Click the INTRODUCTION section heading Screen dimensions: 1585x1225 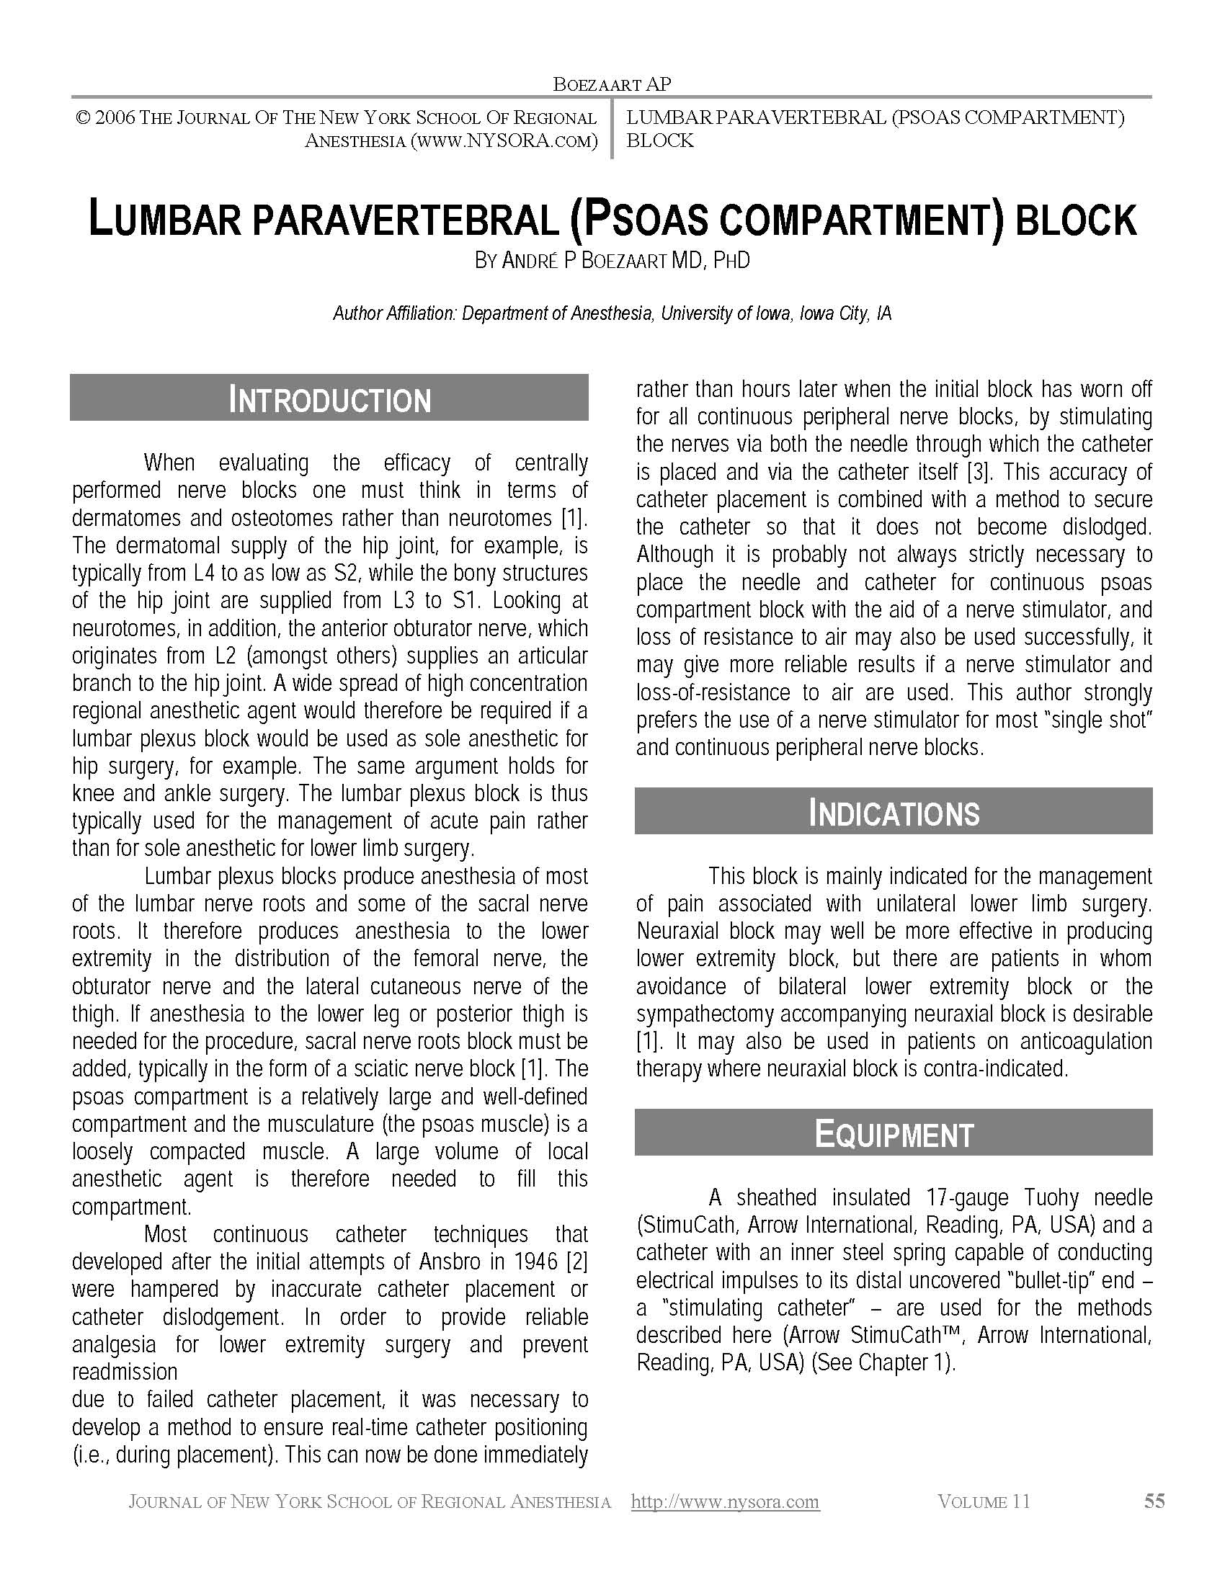[x=329, y=400]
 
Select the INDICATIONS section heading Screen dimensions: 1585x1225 [x=894, y=813]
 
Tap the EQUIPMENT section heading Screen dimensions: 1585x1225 [x=894, y=1134]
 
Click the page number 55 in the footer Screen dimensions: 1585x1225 [x=1154, y=1501]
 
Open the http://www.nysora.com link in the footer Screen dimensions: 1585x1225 [x=725, y=1501]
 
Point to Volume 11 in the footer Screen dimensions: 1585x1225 [x=984, y=1501]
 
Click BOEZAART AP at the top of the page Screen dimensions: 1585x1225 [x=612, y=84]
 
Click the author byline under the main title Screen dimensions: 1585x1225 [x=612, y=261]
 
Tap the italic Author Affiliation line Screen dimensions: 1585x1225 [x=612, y=313]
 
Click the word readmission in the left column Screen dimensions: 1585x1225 [x=124, y=1372]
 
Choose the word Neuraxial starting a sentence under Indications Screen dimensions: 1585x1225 [x=677, y=931]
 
